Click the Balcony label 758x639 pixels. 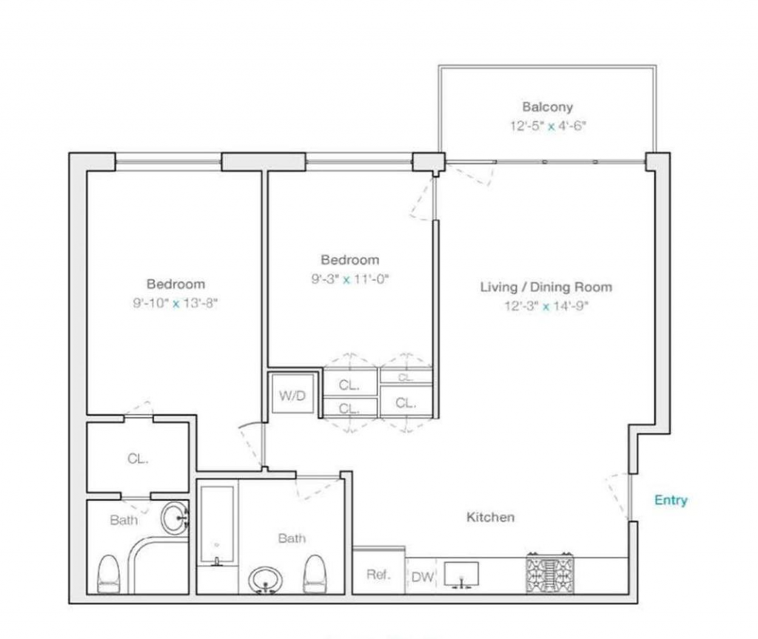point(547,106)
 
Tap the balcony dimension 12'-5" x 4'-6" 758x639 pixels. point(548,126)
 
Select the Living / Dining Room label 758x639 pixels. point(546,287)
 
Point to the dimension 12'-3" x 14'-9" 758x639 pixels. point(546,306)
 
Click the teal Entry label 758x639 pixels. point(671,500)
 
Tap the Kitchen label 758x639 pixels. point(490,517)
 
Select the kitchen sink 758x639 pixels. point(461,575)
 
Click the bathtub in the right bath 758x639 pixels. point(217,525)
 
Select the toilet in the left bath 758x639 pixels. point(109,574)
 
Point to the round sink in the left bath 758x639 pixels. point(174,518)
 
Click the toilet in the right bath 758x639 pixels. point(314,574)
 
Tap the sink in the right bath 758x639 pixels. point(265,580)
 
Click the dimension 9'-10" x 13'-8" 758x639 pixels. point(175,303)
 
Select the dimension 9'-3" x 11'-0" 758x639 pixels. point(350,279)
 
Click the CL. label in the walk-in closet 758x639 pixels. point(138,459)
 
